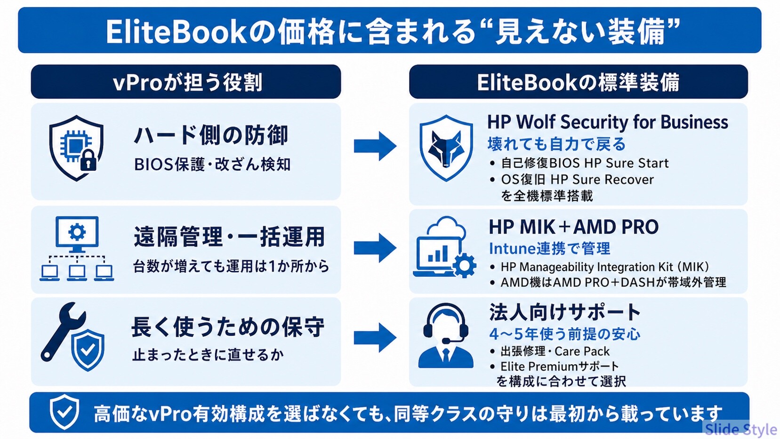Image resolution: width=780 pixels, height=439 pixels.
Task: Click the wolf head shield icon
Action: point(446,148)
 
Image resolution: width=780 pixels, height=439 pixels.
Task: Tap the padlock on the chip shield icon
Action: point(88,160)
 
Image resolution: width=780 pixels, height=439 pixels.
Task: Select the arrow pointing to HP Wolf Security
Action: point(375,146)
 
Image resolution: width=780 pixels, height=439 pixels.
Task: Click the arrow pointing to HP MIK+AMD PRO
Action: point(375,248)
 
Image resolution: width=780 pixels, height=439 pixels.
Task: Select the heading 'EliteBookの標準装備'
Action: point(578,82)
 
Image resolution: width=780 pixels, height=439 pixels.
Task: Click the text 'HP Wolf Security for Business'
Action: point(607,122)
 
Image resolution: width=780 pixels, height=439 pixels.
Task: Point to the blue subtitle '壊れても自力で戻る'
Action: point(556,144)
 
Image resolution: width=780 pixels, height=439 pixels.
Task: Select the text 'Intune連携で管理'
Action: point(549,248)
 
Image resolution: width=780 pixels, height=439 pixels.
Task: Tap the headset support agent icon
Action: point(446,335)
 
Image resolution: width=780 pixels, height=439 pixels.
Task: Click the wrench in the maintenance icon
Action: point(63,331)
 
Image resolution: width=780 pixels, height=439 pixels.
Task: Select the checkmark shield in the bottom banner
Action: point(64,412)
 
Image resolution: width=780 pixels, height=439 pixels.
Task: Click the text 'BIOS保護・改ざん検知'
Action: point(212,165)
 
